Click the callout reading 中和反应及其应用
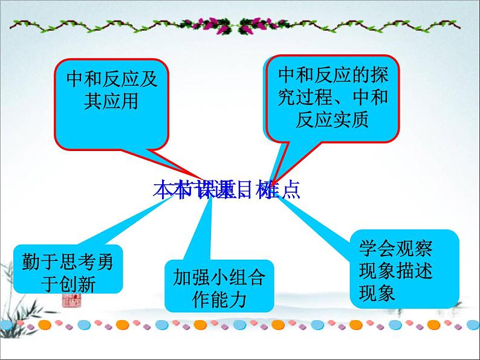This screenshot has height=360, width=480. coord(111,103)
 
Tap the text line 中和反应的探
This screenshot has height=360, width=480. coord(332,75)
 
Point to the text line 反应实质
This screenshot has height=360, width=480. coord(332,120)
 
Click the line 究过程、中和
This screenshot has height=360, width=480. coord(332,97)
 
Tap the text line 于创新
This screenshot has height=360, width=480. coord(67,283)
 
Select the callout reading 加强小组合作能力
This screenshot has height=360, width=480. coord(218,286)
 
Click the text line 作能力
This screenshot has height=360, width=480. coord(218,299)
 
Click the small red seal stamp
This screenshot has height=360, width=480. coord(67,300)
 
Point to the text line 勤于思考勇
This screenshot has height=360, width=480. coord(67,262)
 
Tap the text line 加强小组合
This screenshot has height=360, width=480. coord(218,277)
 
